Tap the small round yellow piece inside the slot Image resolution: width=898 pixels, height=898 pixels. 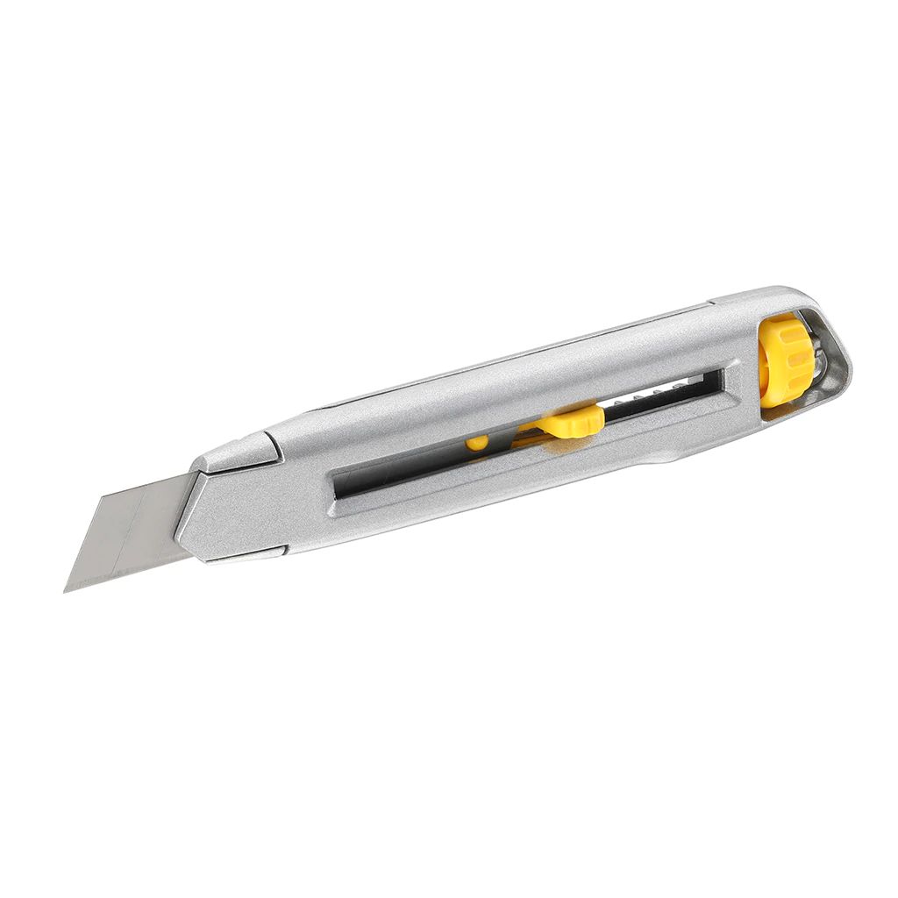tap(476, 443)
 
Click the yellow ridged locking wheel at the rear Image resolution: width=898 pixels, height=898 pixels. tap(782, 361)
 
